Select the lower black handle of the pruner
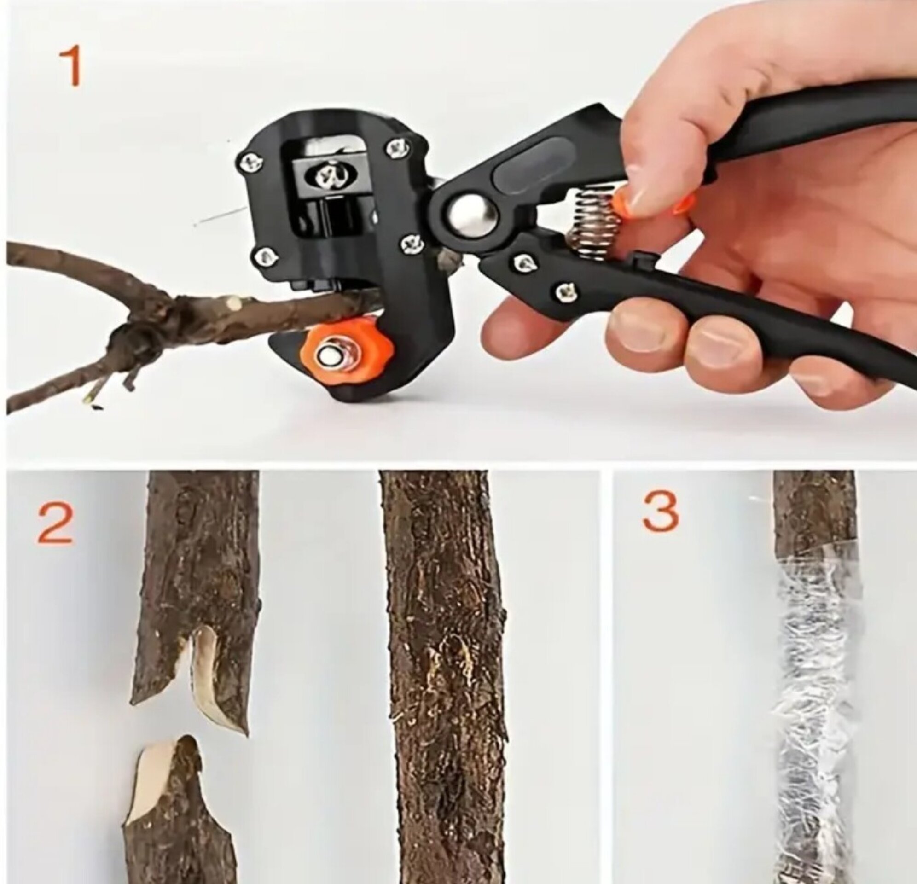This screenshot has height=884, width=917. coord(702,304)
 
